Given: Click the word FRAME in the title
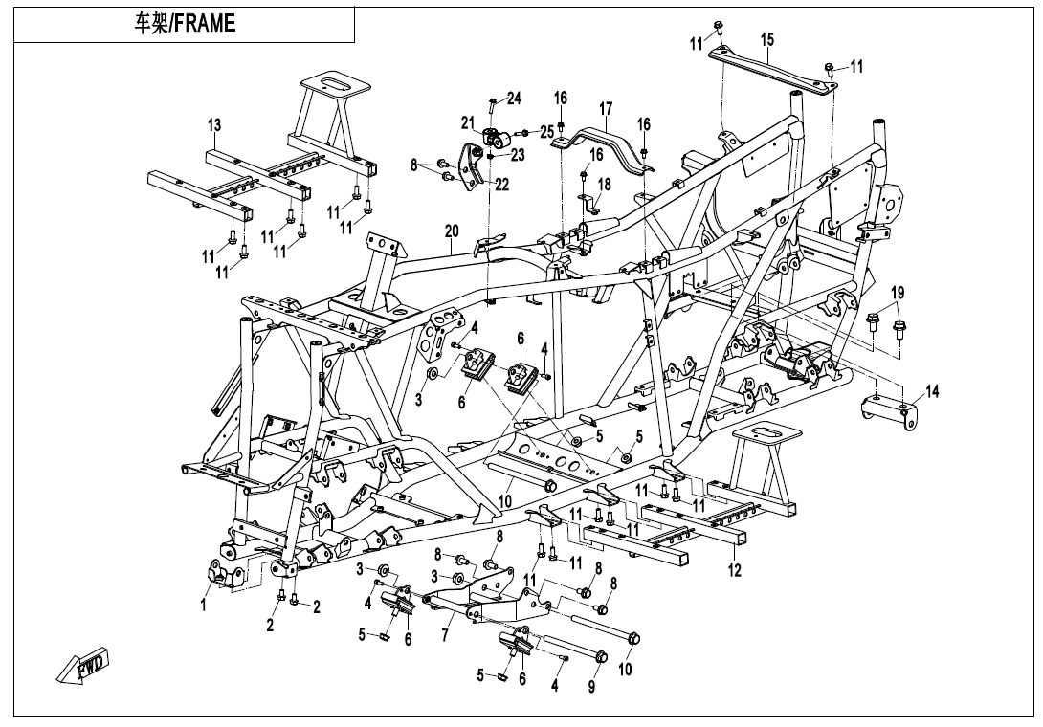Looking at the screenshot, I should click(x=203, y=25).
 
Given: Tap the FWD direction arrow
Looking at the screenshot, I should click(x=83, y=666).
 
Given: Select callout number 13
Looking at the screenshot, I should click(x=214, y=125).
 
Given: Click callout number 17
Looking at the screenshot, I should click(x=606, y=108).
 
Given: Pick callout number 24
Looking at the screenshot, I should click(x=514, y=99).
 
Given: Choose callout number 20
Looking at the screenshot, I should click(x=452, y=231).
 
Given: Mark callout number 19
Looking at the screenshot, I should click(x=898, y=291).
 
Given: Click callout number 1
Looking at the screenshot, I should click(x=203, y=605).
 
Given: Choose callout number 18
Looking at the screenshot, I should click(x=604, y=184).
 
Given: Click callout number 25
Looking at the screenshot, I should click(x=547, y=130).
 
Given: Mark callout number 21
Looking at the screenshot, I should click(x=468, y=121).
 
